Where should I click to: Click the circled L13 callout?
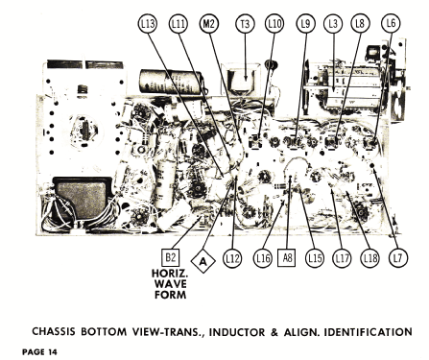pos(148,24)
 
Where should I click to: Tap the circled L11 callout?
pos(178,24)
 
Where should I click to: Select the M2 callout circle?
pos(208,24)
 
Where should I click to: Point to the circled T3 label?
pos(245,24)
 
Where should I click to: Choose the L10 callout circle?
pos(274,24)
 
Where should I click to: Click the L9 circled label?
pos(306,24)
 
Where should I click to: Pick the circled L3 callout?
pos(333,24)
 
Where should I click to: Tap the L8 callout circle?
pos(360,24)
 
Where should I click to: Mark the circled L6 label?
pos(391,23)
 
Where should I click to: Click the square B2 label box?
pos(170,257)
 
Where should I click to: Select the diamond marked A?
pos(203,261)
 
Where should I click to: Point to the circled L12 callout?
pos(232,258)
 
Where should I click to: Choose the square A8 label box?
pos(286,257)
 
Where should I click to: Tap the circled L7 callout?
pos(398,258)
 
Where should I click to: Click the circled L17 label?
pos(342,258)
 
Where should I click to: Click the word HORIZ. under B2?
pos(170,274)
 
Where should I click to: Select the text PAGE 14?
pos(39,352)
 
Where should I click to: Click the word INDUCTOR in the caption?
pos(237,332)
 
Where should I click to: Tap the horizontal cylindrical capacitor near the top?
pos(171,83)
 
